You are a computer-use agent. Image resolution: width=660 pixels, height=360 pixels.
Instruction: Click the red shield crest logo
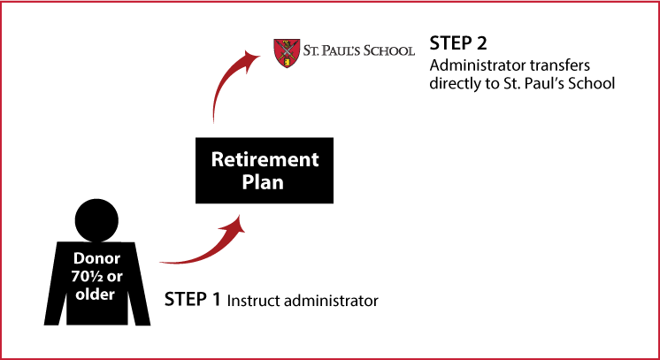[287, 53]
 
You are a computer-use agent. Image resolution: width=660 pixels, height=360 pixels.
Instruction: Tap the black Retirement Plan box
[265, 170]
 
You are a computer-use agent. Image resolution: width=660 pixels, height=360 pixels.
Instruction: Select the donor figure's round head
[96, 220]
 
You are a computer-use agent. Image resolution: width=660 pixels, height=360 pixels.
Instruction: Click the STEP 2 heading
[458, 44]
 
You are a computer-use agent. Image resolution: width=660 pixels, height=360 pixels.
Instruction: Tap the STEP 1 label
[192, 299]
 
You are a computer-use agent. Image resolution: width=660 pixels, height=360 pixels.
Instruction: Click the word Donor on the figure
[96, 258]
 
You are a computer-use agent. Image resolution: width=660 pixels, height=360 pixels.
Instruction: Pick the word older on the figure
[96, 294]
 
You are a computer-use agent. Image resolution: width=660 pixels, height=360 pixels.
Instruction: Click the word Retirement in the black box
[265, 159]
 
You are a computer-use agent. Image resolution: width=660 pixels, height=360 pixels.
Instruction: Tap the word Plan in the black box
[263, 182]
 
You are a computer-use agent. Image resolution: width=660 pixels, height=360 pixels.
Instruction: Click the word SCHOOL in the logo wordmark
[389, 51]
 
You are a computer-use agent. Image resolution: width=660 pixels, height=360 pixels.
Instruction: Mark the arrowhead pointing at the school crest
[251, 57]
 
